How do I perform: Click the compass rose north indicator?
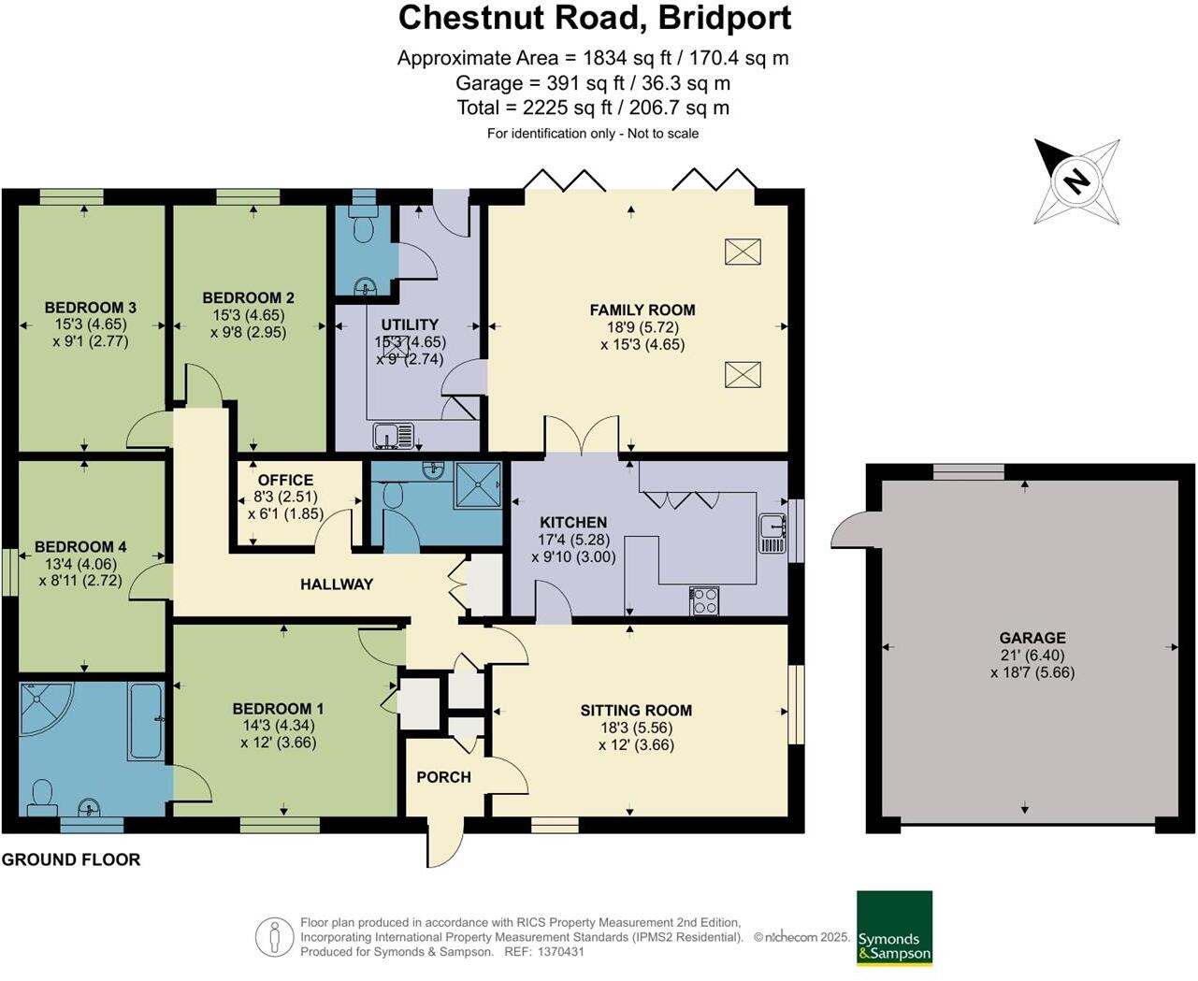point(1076,180)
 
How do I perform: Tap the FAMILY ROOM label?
point(642,310)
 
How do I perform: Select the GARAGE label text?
point(1032,638)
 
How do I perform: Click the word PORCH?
point(443,777)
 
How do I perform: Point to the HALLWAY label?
point(337,584)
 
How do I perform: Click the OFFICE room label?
point(285,480)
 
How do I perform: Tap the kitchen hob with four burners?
point(704,600)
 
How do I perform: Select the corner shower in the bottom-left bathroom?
point(42,707)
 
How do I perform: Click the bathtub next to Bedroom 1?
point(147,721)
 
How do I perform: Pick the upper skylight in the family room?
point(743,252)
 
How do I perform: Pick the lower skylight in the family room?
point(743,375)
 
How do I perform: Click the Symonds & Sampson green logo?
point(894,928)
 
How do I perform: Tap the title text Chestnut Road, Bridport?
point(595,18)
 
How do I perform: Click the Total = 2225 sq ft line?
point(593,108)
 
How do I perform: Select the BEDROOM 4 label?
point(80,547)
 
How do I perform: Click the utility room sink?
point(394,436)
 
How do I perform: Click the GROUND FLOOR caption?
point(71,859)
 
